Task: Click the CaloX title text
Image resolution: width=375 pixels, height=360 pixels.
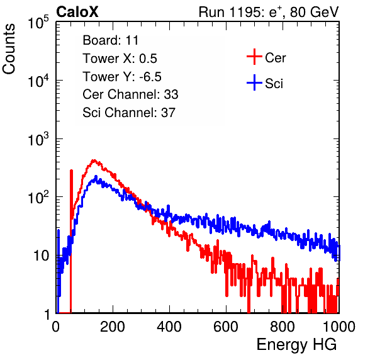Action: pos(77,12)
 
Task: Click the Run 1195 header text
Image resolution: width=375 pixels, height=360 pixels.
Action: pos(269,12)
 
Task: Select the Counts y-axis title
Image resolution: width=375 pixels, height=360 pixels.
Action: pos(9,49)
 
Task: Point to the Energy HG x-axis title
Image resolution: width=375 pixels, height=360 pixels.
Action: pos(296,344)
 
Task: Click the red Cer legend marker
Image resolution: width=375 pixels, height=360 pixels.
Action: pos(254,57)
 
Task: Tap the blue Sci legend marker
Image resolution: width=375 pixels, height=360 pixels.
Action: pos(254,82)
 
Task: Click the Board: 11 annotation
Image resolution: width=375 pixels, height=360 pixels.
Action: pos(111,40)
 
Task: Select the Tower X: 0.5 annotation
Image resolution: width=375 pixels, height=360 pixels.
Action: pos(120,59)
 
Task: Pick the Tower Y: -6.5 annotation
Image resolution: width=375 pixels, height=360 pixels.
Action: pos(122,77)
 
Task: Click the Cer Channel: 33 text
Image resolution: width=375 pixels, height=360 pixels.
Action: pos(130,94)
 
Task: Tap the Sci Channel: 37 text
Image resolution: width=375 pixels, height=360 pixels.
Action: pos(129,113)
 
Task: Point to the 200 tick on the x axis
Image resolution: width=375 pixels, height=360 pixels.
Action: pos(113,326)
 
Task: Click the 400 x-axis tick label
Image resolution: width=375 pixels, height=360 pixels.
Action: pos(169,326)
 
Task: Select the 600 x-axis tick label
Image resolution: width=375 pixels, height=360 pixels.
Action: pos(226,326)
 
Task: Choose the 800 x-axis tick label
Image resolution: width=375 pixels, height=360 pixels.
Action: pos(283,326)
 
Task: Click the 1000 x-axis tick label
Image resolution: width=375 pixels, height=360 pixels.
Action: pos(339,326)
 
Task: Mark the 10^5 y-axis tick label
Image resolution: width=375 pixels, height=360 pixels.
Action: pos(38,23)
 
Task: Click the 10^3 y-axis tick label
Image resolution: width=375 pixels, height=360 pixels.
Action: pos(38,139)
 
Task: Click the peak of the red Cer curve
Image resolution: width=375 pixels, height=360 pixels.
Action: pos(94,160)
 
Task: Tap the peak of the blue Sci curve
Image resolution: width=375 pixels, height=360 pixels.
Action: pos(96,176)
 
